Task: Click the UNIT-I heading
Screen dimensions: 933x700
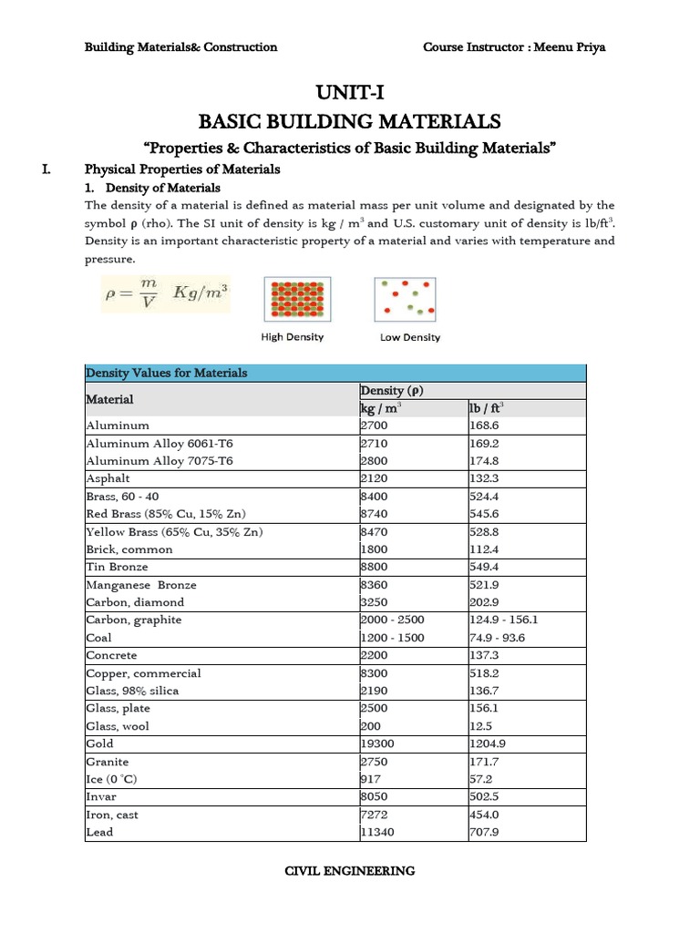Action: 349,92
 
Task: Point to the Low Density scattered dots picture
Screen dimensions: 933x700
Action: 405,299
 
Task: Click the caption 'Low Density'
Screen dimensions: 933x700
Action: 409,337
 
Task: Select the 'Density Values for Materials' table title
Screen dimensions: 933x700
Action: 166,373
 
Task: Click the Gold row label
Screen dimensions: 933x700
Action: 100,743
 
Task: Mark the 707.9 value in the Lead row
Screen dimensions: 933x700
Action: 484,832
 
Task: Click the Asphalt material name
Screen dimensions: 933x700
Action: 108,478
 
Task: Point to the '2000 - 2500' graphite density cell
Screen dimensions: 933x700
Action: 393,620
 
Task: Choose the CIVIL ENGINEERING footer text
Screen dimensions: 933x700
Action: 350,871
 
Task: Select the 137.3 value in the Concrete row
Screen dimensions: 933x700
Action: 484,655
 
